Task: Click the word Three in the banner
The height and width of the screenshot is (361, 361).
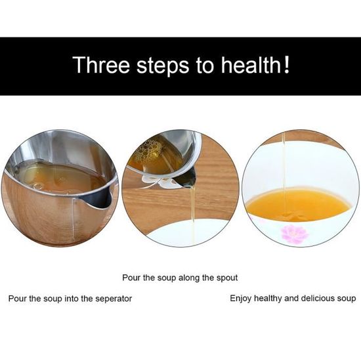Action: pyautogui.click(x=101, y=65)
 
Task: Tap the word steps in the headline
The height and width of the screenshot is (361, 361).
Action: pyautogui.click(x=163, y=66)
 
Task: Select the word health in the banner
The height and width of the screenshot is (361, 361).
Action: pyautogui.click(x=251, y=65)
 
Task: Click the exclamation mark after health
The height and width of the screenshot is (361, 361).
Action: pyautogui.click(x=287, y=64)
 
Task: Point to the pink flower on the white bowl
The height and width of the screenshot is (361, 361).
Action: pyautogui.click(x=295, y=234)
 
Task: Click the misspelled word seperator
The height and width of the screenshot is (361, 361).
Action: pyautogui.click(x=114, y=299)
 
